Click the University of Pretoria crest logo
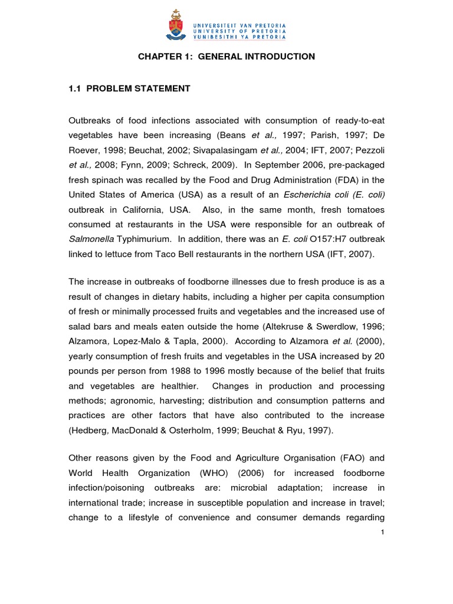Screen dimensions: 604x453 coord(175,25)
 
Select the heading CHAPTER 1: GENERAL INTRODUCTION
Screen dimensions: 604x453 coord(226,57)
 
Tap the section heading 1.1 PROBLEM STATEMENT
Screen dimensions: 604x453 coord(130,88)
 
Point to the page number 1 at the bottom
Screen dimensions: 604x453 coord(382,533)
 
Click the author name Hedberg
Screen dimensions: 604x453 coord(92,431)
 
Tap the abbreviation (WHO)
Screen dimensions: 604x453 coord(225,473)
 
